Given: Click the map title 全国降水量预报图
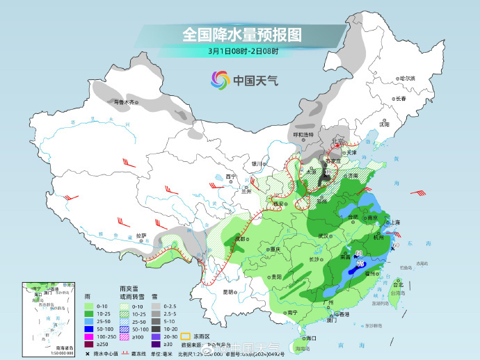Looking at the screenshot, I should click(x=242, y=33).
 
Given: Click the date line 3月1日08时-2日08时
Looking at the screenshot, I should click(x=242, y=51).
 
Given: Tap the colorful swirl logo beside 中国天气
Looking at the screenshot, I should click(x=221, y=80).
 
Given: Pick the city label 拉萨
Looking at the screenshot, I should click(x=141, y=235).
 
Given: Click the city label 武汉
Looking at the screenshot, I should click(x=322, y=236).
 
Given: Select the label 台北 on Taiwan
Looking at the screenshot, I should click(x=398, y=285).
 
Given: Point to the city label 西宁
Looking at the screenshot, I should click(x=231, y=177).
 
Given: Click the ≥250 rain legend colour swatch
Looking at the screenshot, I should click(x=88, y=343).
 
